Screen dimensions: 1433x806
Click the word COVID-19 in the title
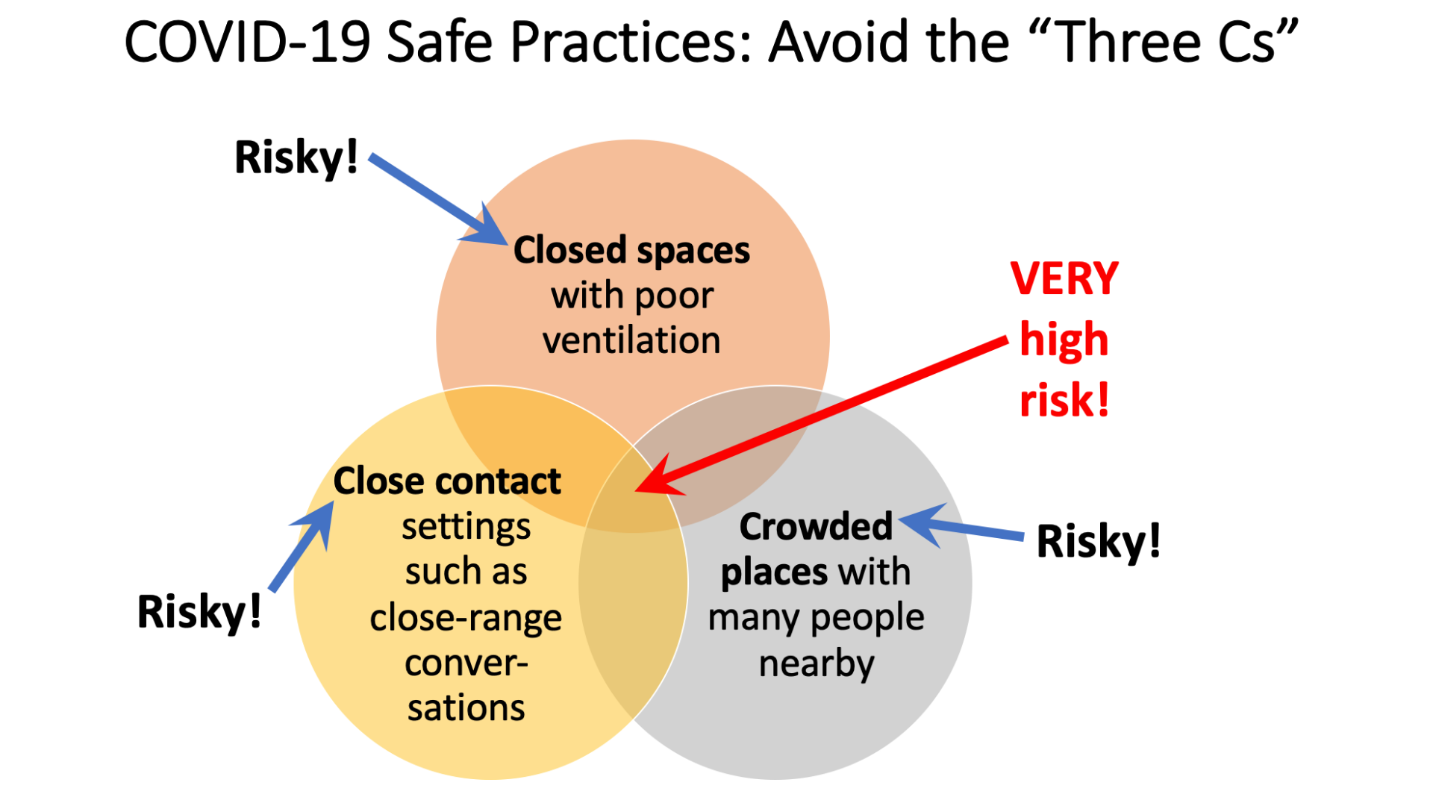pyautogui.click(x=247, y=42)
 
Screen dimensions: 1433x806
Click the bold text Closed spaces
pyautogui.click(x=631, y=251)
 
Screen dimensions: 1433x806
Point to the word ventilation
pyautogui.click(x=631, y=340)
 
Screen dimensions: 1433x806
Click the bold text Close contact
pyautogui.click(x=446, y=481)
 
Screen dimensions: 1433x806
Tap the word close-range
pyautogui.click(x=466, y=618)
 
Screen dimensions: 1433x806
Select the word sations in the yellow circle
pyautogui.click(x=466, y=707)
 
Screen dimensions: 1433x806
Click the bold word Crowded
pyautogui.click(x=816, y=527)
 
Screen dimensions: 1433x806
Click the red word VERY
pyautogui.click(x=1064, y=279)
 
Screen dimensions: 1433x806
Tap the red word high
pyautogui.click(x=1064, y=341)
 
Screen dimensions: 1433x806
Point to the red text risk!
pyautogui.click(x=1064, y=401)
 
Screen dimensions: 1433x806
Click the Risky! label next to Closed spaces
pyautogui.click(x=296, y=158)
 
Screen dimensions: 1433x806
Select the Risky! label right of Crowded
pyautogui.click(x=1099, y=542)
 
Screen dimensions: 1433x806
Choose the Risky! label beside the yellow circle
pyautogui.click(x=199, y=613)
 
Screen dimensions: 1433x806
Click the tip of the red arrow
pyautogui.click(x=635, y=491)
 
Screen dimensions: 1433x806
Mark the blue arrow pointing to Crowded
pyautogui.click(x=961, y=525)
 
